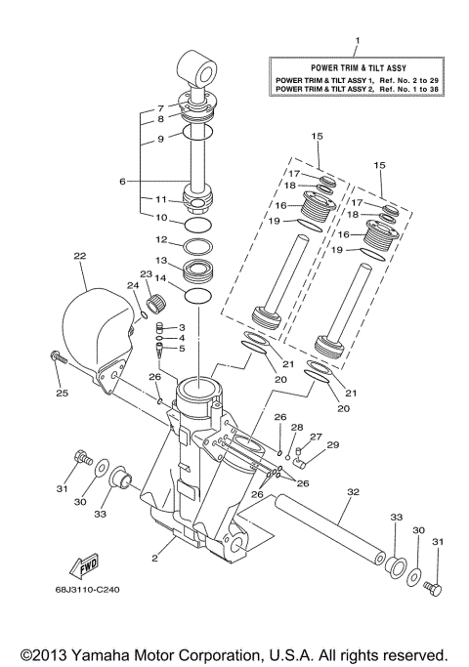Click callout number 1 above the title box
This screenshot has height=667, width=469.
pyautogui.click(x=357, y=41)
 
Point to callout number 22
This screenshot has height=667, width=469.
pyautogui.click(x=80, y=256)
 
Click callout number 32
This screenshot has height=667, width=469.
pyautogui.click(x=349, y=492)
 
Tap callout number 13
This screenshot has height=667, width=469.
pyautogui.click(x=162, y=261)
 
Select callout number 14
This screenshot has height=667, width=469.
pyautogui.click(x=162, y=278)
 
